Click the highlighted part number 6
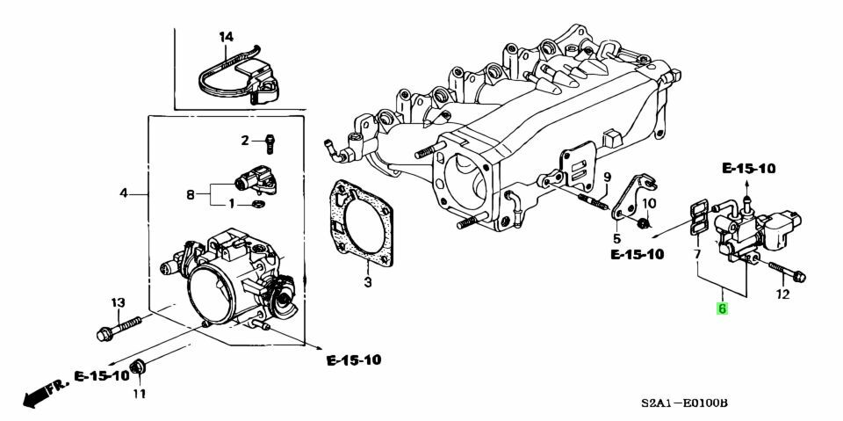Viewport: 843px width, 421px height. coord(722,308)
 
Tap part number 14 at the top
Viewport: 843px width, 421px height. coord(227,37)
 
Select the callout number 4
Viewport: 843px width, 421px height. coord(124,192)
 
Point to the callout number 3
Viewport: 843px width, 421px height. coord(369,282)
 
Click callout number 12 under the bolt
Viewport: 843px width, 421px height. coord(783,296)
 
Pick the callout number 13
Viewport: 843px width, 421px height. coord(117,303)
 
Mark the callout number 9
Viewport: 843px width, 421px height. coord(605,178)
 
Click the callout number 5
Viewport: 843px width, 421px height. coord(616,238)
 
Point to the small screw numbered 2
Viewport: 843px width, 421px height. coord(270,139)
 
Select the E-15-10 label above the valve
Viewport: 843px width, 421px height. coord(749,167)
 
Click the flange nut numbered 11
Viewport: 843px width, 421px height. coord(137,367)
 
